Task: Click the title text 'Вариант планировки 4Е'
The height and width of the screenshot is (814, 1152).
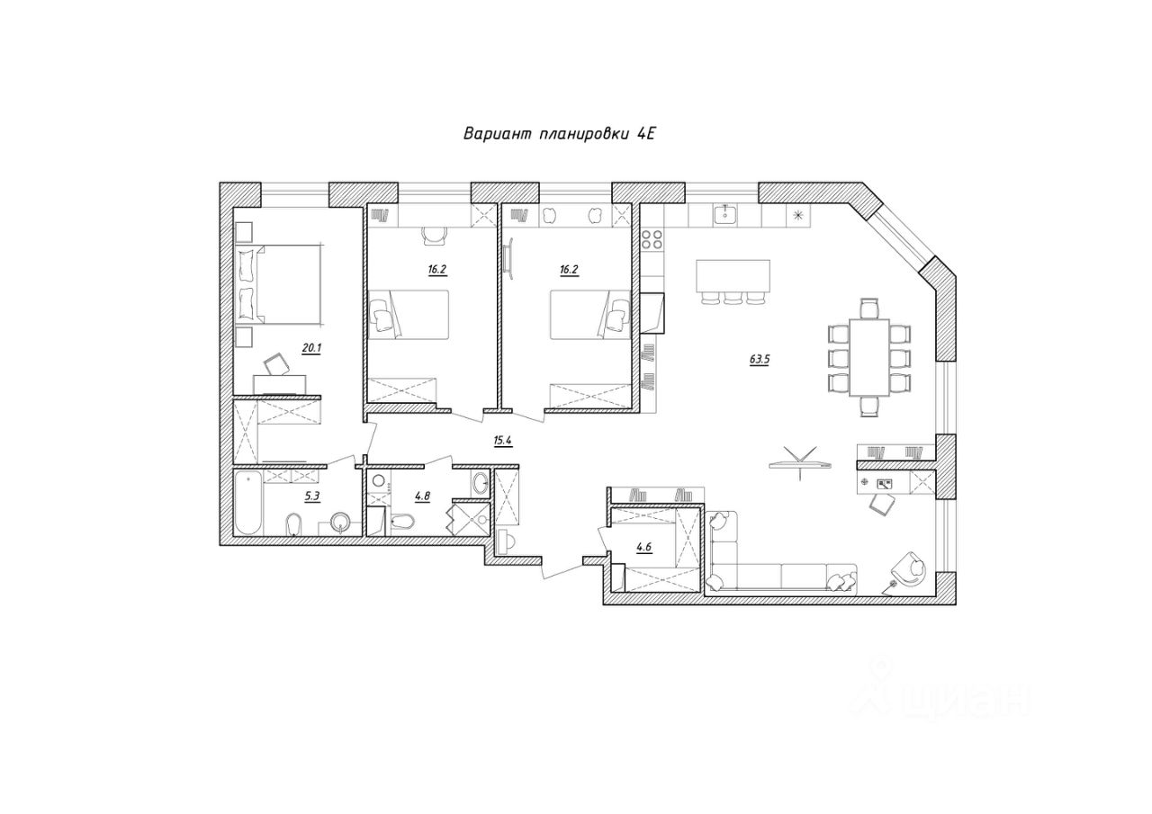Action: pyautogui.click(x=560, y=134)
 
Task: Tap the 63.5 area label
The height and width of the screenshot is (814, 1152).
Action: pyautogui.click(x=759, y=360)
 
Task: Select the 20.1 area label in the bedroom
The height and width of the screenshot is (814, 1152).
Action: pyautogui.click(x=311, y=348)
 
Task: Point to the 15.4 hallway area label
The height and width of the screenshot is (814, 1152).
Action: pyautogui.click(x=502, y=441)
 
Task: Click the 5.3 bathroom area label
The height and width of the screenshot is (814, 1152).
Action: pyautogui.click(x=312, y=496)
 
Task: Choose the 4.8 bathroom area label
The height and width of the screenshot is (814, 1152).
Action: pyautogui.click(x=422, y=496)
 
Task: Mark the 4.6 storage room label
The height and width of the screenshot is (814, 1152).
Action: pyautogui.click(x=643, y=547)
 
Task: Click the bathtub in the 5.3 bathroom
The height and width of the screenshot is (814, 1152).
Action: pyautogui.click(x=248, y=503)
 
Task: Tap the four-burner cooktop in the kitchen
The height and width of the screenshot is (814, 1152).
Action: pyautogui.click(x=652, y=239)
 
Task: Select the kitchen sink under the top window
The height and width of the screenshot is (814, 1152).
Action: pyautogui.click(x=725, y=214)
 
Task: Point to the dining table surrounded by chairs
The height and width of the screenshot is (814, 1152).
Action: pyautogui.click(x=869, y=357)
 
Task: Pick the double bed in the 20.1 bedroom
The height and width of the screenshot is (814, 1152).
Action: pyautogui.click(x=280, y=284)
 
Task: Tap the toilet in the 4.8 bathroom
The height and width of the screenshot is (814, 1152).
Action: pyautogui.click(x=402, y=522)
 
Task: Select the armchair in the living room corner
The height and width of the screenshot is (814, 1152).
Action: pyautogui.click(x=909, y=568)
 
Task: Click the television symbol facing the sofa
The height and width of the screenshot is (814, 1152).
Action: pyautogui.click(x=800, y=462)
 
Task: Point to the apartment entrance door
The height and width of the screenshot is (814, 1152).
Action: pyautogui.click(x=562, y=569)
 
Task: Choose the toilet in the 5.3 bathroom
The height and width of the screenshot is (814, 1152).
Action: pyautogui.click(x=293, y=524)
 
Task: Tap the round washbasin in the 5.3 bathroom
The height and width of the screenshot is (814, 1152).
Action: pyautogui.click(x=340, y=522)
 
